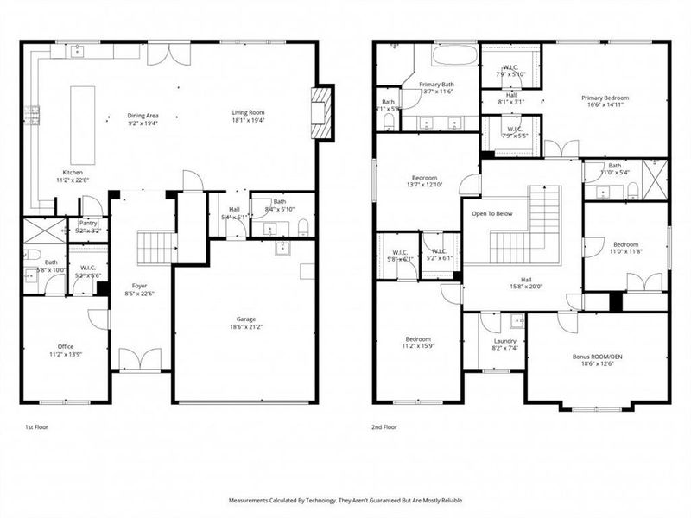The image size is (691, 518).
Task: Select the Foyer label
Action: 139,286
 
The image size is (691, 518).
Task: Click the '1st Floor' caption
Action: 37,426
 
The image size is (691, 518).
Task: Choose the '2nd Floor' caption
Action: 385,426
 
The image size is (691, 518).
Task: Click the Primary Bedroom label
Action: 604,98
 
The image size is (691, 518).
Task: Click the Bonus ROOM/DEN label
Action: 596,356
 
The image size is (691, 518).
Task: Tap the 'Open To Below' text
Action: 491,212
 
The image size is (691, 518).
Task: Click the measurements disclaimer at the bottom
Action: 345,500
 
